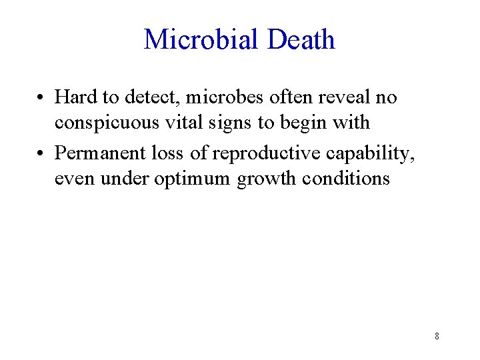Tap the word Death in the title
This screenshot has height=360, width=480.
pyautogui.click(x=300, y=40)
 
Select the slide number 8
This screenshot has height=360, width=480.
pyautogui.click(x=437, y=336)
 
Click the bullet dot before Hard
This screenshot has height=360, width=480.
pyautogui.click(x=42, y=98)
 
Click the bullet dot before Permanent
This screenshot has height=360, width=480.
pyautogui.click(x=42, y=154)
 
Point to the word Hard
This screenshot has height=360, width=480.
pyautogui.click(x=76, y=97)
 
